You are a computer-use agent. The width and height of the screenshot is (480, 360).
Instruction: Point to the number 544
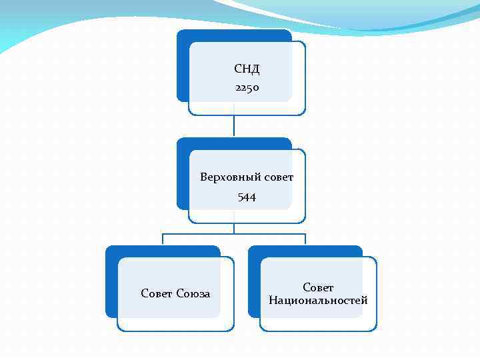point(247,197)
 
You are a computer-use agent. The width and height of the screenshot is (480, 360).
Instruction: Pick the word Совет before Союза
point(157,293)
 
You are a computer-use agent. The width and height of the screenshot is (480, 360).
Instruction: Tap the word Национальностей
point(318,300)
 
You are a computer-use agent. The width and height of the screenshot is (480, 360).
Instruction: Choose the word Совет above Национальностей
point(318,287)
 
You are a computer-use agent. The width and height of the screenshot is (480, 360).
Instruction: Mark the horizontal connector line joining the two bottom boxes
point(234,234)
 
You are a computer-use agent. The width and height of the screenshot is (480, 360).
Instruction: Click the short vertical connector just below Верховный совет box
point(234,228)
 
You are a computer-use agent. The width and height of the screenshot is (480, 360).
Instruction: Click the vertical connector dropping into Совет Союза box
point(163,240)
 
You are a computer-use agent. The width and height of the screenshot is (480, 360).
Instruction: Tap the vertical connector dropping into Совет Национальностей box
point(305,240)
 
